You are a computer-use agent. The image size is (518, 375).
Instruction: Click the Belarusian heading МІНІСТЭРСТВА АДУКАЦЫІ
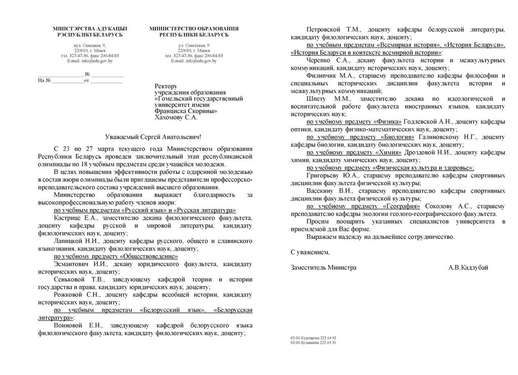pos(90,28)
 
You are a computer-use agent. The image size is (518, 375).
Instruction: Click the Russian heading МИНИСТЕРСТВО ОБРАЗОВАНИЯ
pos(194,28)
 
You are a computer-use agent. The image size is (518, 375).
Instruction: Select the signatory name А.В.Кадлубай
pos(468,267)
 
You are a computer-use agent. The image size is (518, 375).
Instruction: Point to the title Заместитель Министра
pos(324,267)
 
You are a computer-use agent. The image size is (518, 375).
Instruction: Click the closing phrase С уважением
pos(310,252)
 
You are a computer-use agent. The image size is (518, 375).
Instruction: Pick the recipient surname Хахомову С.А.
pos(176,117)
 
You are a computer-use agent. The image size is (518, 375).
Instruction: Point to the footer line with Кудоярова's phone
pos(314,338)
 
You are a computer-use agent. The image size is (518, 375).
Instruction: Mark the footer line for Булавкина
pos(314,343)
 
